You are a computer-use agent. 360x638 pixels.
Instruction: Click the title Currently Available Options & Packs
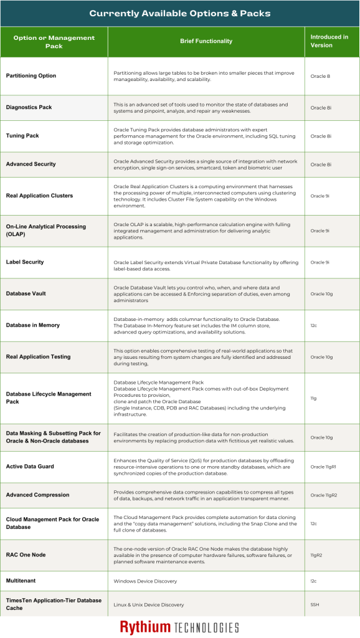coord(180,13)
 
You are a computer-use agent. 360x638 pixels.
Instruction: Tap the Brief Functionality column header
coord(206,41)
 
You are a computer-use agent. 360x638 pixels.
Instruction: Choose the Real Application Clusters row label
coord(39,196)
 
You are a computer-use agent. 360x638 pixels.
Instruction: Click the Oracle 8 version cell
coord(320,76)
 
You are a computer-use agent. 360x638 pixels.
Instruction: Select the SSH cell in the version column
coord(315,604)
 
